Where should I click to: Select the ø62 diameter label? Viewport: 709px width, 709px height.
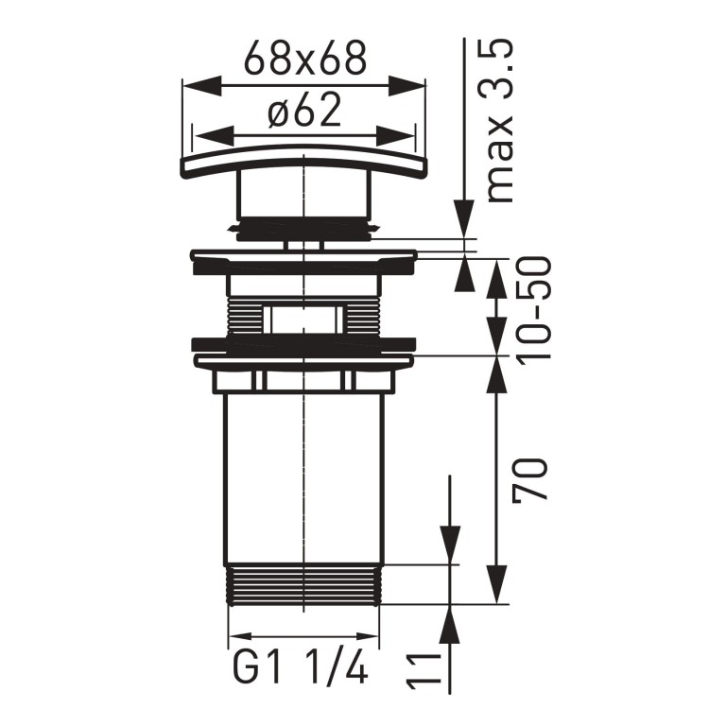click(x=303, y=112)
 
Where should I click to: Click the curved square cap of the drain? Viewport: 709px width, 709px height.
click(x=303, y=164)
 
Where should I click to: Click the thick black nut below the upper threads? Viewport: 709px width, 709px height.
click(x=303, y=346)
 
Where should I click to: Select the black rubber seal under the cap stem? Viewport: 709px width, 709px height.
click(x=303, y=228)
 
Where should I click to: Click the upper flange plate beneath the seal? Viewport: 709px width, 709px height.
click(x=303, y=259)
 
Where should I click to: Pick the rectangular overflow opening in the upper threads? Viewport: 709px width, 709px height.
click(x=303, y=319)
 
